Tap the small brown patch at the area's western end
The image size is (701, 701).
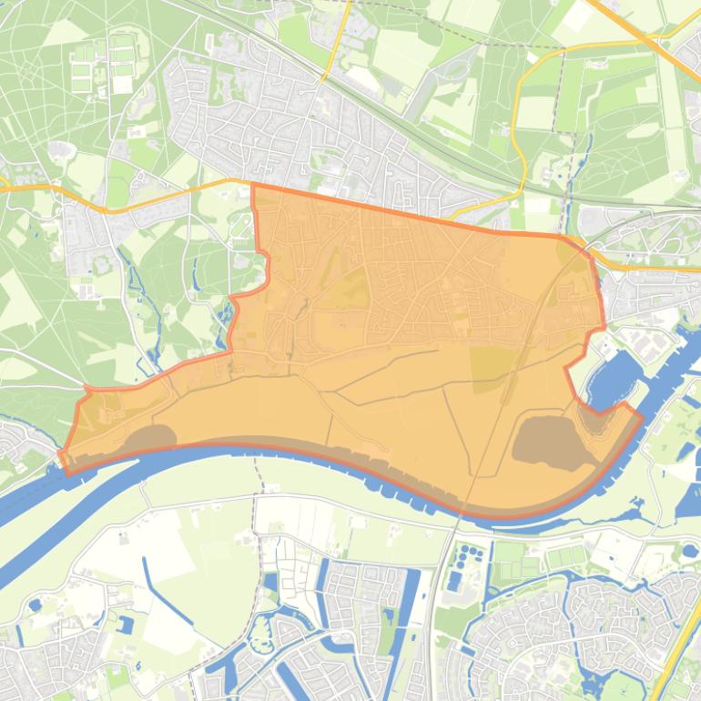point(151,438)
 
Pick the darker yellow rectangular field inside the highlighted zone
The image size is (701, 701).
point(491,369)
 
